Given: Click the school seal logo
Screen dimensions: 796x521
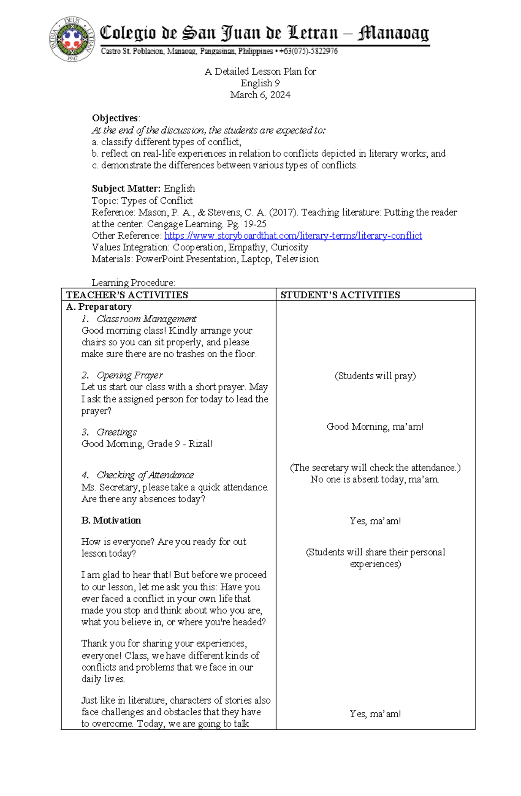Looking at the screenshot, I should tap(72, 39).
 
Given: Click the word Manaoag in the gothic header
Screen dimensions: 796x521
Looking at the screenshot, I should tap(393, 33).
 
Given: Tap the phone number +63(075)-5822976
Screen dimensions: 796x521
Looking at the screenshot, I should tap(308, 51).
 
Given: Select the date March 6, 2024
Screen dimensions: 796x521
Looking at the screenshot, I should tap(260, 95).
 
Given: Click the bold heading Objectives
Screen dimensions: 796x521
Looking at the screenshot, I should tap(115, 118).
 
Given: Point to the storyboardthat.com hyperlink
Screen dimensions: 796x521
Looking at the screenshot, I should tap(293, 236).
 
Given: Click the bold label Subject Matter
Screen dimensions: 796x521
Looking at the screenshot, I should tap(126, 189).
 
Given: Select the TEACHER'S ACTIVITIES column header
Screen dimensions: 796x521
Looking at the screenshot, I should tap(127, 295).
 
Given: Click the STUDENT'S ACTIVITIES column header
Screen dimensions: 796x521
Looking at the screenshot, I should tap(340, 295).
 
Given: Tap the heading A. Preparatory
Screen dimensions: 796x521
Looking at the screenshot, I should tap(99, 307).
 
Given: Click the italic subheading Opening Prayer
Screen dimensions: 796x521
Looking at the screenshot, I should tap(129, 375).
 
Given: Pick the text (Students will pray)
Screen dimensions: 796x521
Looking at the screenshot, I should tap(375, 376).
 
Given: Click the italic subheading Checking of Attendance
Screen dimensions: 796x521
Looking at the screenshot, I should tap(145, 475).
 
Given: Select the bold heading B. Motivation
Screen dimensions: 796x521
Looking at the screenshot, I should tap(111, 521).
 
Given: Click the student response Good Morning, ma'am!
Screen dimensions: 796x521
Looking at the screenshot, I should tap(375, 427).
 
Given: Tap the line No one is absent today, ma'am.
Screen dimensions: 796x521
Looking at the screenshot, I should tap(375, 479).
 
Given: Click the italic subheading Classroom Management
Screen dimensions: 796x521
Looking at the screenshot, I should tap(146, 319).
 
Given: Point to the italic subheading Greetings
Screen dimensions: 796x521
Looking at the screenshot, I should tap(116, 432).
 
